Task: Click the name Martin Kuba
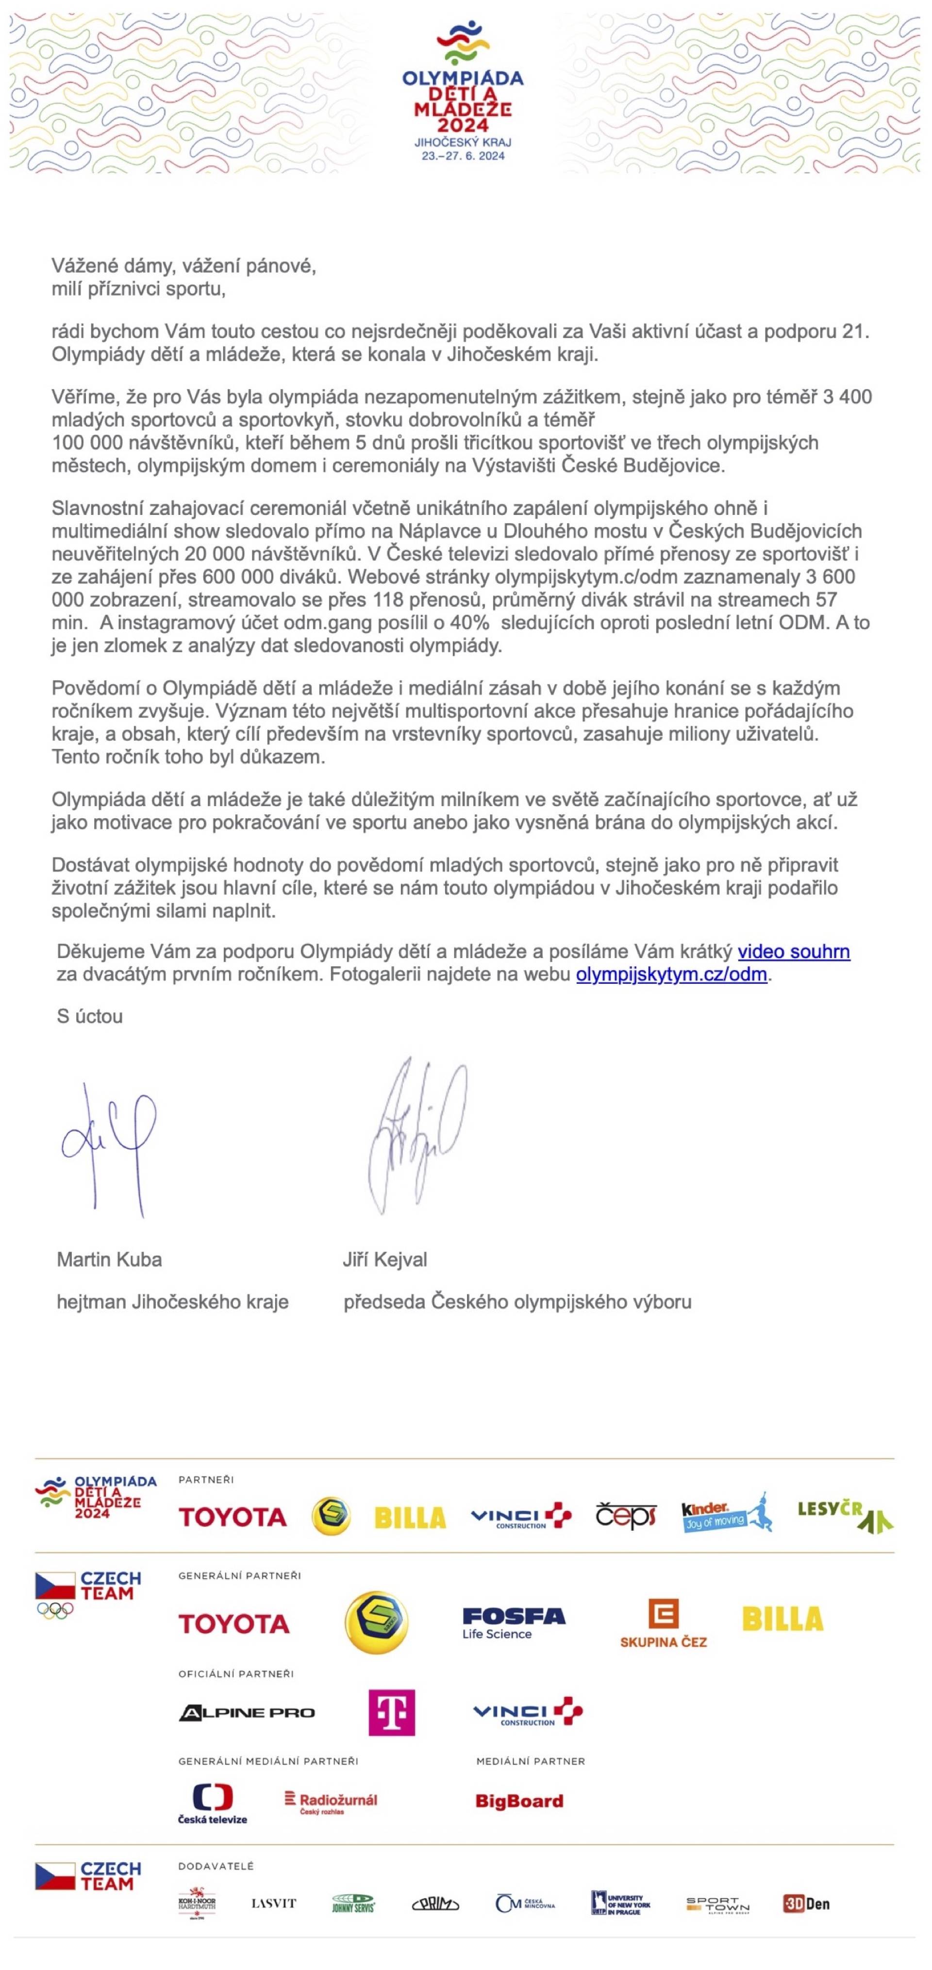109,1259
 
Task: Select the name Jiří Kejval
384,1259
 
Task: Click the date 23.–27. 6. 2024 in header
463,156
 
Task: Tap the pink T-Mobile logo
391,1712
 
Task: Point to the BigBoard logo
519,1801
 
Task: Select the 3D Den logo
806,1904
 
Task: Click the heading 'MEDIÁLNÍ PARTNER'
531,1761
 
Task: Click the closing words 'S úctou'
89,1016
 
